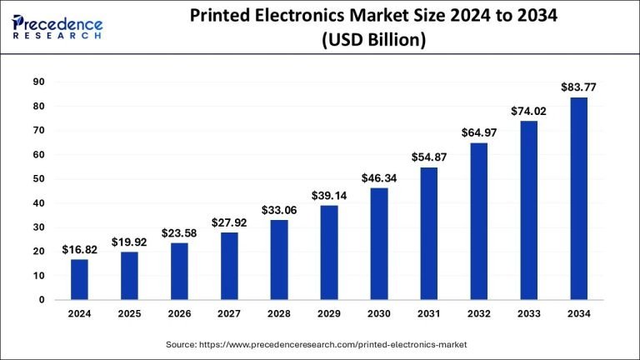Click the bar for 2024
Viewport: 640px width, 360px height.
pos(79,279)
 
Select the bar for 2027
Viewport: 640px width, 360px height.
pos(229,266)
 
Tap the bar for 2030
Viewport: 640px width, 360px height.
pos(379,243)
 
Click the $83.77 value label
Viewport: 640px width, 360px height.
pos(579,87)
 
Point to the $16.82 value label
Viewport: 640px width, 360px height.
pos(79,249)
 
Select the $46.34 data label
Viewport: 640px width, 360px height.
pos(379,177)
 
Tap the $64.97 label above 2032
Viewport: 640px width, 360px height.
pos(479,132)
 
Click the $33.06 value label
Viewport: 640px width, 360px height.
pos(279,210)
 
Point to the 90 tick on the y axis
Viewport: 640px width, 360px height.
pos(38,82)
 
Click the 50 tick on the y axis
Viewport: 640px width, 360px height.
pos(38,179)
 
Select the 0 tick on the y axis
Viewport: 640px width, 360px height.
pos(41,300)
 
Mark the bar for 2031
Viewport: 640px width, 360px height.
pos(429,233)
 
